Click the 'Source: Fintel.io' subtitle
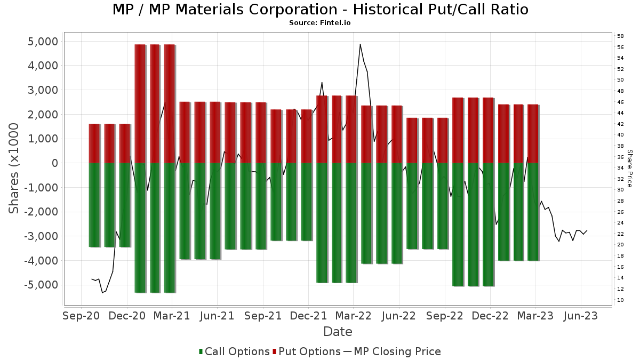320,23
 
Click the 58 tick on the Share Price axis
621,36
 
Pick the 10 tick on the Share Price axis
621,300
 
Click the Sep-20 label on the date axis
82,316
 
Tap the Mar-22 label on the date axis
354,316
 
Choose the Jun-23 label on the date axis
581,316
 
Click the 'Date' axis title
338,332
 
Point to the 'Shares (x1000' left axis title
14,168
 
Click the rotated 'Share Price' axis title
629,168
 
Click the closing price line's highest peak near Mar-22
360,44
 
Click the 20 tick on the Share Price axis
621,245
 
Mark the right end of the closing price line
587,230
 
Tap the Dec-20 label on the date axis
127,316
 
